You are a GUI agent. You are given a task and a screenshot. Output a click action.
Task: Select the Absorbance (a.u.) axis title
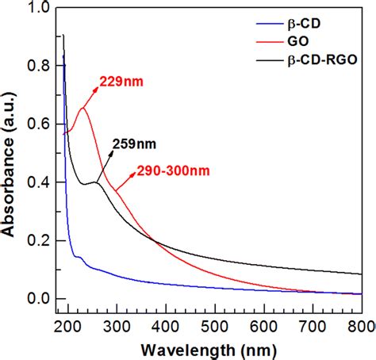[x=11, y=159]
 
